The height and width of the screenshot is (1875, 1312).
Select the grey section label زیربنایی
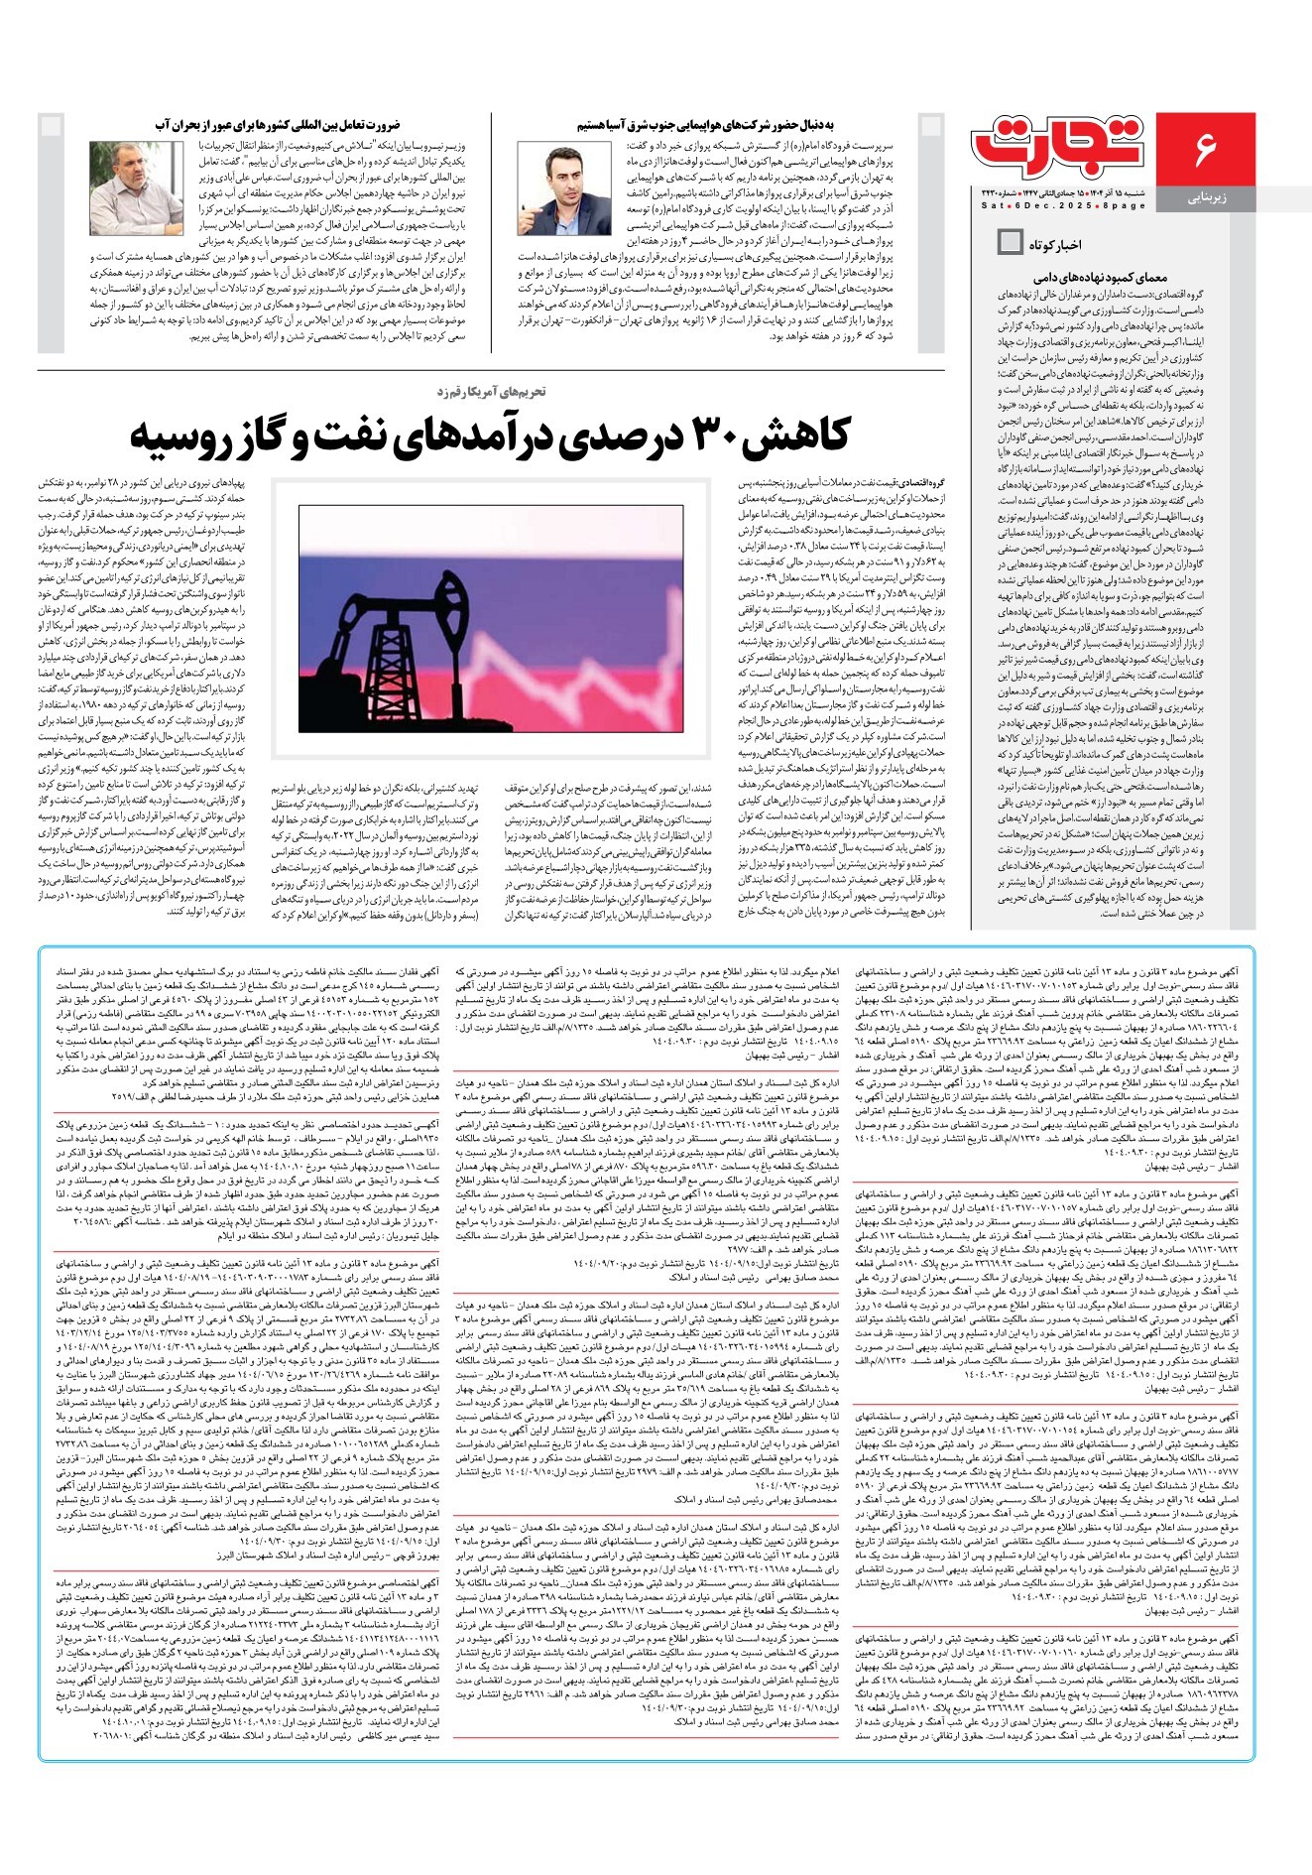(x=1207, y=198)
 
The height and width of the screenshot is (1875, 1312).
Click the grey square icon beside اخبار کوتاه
(x=1010, y=242)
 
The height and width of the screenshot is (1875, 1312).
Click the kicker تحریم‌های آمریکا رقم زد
(x=493, y=392)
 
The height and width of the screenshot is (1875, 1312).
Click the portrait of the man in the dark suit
(x=564, y=189)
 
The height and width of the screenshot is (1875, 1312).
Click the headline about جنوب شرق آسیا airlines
(x=705, y=125)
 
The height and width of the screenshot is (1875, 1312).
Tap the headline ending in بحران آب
(x=278, y=125)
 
